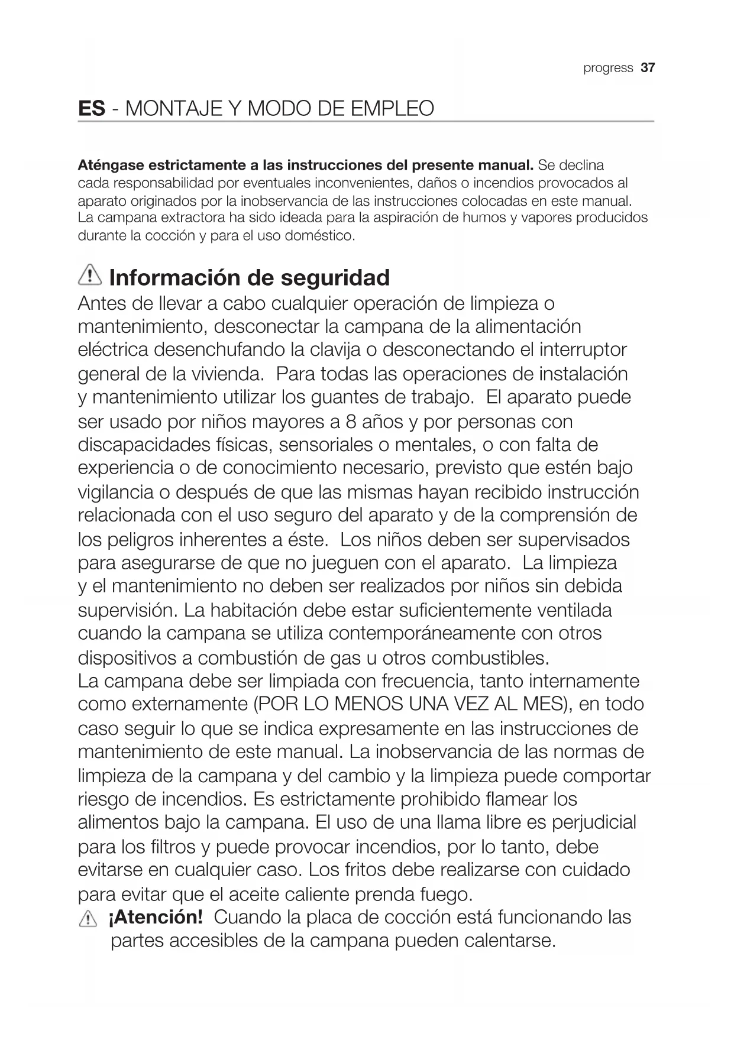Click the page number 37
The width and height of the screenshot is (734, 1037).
click(x=648, y=68)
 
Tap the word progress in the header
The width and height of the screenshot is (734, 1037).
click(x=608, y=68)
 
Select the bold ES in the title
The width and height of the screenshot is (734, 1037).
click(x=92, y=109)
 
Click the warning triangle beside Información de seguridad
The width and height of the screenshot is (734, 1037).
click(x=90, y=276)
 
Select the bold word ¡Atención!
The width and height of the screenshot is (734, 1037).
click(x=156, y=918)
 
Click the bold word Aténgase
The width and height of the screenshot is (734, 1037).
click(x=111, y=165)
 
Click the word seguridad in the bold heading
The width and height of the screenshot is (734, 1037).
click(x=335, y=277)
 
